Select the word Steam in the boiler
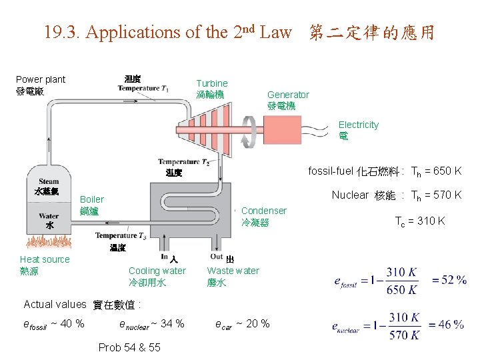point(49,181)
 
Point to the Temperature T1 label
point(143,88)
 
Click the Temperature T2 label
point(183,162)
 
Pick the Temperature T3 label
point(121,235)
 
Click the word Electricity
point(358,125)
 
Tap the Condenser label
point(264,211)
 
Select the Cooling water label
point(157,271)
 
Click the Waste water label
point(233,271)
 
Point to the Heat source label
point(45,259)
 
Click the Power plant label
point(41,79)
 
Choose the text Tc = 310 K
point(420,221)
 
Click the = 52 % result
point(449,280)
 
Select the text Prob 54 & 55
point(129,347)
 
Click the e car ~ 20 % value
point(242,324)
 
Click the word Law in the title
point(275,32)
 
